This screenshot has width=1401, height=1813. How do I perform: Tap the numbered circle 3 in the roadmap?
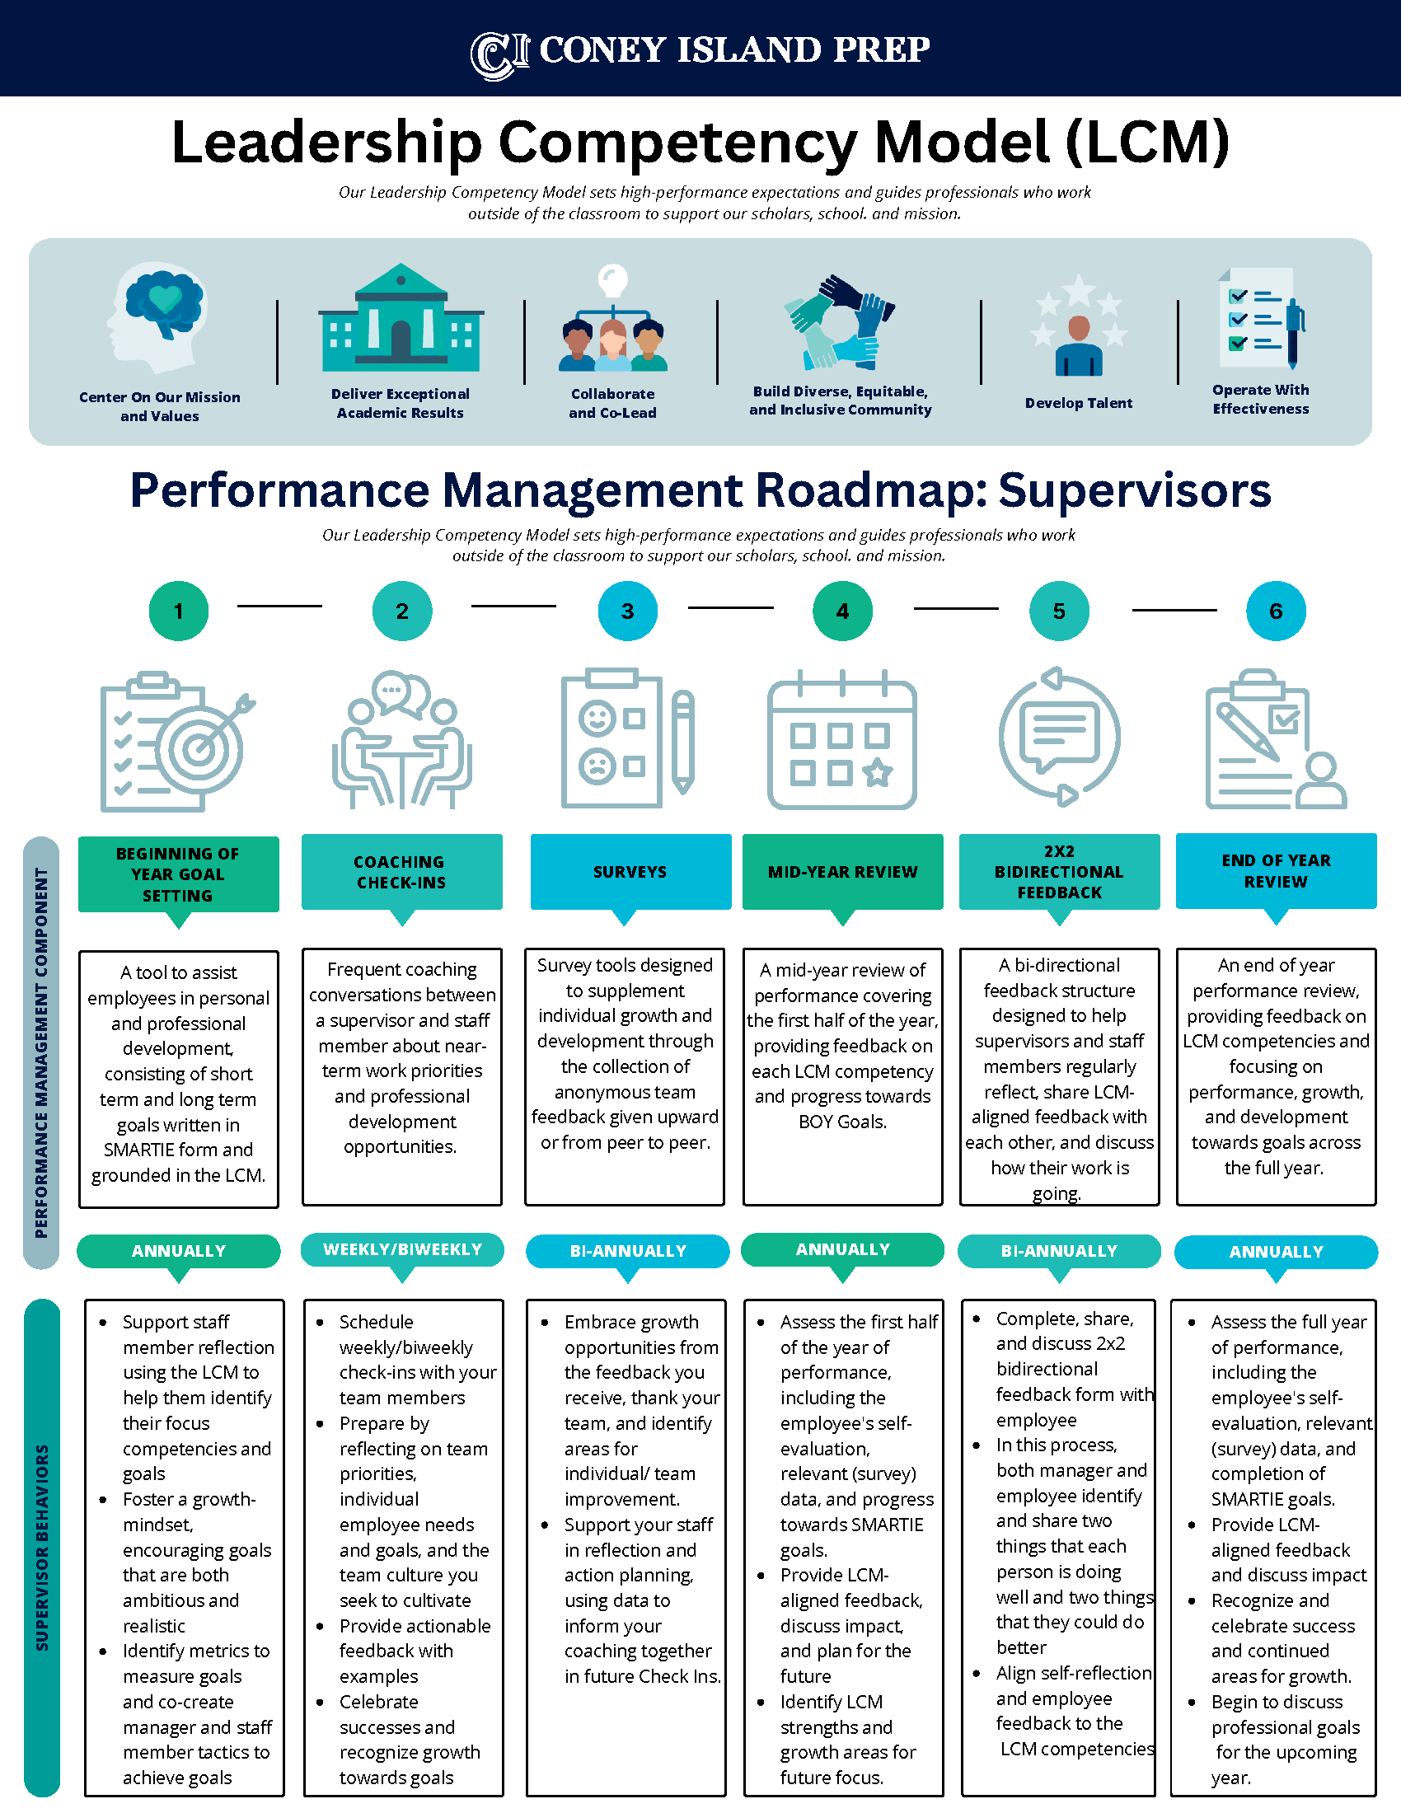tap(627, 611)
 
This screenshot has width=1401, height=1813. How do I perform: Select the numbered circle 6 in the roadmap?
tap(1276, 611)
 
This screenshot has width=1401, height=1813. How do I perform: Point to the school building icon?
tap(401, 320)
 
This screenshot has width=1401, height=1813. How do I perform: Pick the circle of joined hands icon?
tap(840, 322)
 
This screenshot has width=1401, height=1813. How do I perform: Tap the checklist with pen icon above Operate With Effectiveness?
tap(1260, 319)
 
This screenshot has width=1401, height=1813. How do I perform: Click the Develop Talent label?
tap(1078, 404)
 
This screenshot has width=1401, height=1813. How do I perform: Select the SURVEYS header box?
tap(630, 872)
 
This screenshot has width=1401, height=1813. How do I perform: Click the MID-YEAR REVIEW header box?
tap(842, 872)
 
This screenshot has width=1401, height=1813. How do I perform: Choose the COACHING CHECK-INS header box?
tap(401, 872)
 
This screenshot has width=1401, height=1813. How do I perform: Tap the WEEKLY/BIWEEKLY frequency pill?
tap(401, 1249)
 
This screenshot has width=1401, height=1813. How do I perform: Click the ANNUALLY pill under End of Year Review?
tap(1276, 1252)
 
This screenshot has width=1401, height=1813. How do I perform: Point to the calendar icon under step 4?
tap(841, 741)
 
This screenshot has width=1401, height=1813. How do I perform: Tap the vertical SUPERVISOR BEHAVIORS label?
tap(42, 1548)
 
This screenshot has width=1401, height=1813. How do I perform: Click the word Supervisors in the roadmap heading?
tap(1134, 490)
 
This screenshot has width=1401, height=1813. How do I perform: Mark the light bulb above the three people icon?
tap(612, 279)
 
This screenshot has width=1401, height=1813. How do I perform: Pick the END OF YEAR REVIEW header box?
tap(1276, 872)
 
